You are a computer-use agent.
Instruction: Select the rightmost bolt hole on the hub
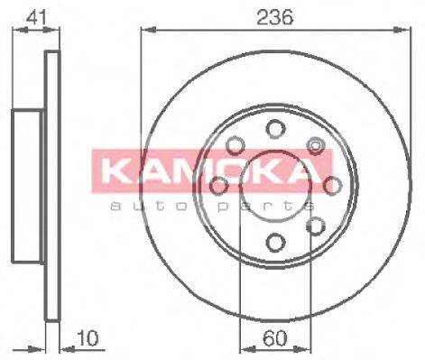click(333, 185)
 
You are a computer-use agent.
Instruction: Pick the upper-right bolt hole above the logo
click(316, 145)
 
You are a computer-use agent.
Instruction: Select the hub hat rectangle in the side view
click(27, 185)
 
